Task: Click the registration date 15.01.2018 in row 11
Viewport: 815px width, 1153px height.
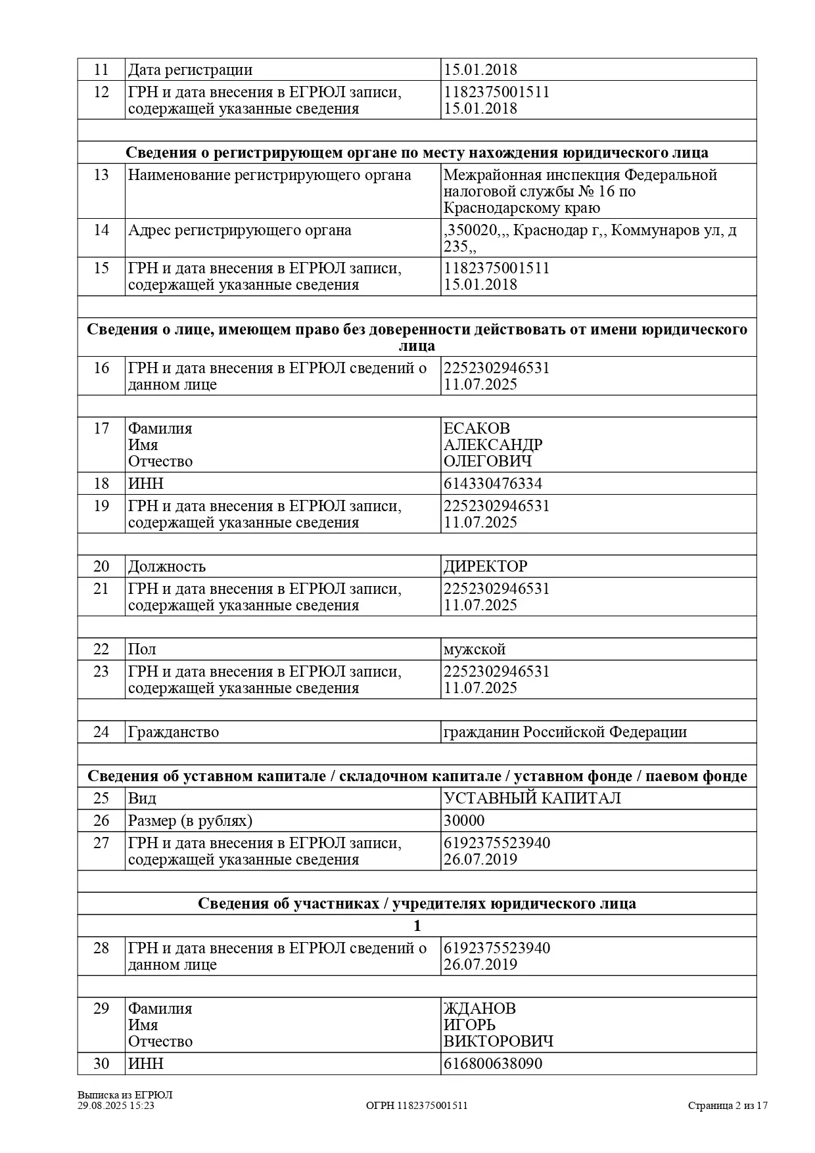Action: click(x=480, y=70)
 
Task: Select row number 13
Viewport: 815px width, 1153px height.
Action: click(x=101, y=175)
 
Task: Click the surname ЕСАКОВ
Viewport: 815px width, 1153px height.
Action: click(x=477, y=428)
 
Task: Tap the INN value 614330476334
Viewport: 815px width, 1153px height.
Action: click(x=493, y=484)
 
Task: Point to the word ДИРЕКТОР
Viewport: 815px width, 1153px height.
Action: click(x=485, y=566)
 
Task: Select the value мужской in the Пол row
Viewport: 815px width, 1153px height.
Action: click(x=475, y=649)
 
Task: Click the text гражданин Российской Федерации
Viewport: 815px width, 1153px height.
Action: click(x=565, y=732)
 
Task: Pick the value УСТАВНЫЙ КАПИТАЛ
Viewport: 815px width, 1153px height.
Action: click(x=532, y=798)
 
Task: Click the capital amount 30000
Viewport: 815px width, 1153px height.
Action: click(x=464, y=821)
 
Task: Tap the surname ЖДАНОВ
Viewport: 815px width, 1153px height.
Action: click(x=480, y=1008)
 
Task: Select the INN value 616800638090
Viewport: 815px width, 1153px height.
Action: click(x=493, y=1064)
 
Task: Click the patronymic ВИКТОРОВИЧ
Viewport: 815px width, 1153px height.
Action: click(x=498, y=1041)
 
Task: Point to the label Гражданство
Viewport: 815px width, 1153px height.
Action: click(x=174, y=732)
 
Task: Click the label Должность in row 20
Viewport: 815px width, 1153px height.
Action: click(x=167, y=566)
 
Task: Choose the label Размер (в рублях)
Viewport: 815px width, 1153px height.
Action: click(x=190, y=821)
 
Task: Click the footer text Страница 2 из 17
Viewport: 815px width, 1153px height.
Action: click(x=728, y=1105)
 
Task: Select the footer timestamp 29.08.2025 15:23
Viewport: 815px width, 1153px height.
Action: click(x=116, y=1105)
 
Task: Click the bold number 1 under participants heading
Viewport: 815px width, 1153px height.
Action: click(x=417, y=926)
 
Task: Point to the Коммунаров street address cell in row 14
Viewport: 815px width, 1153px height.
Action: click(x=590, y=238)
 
